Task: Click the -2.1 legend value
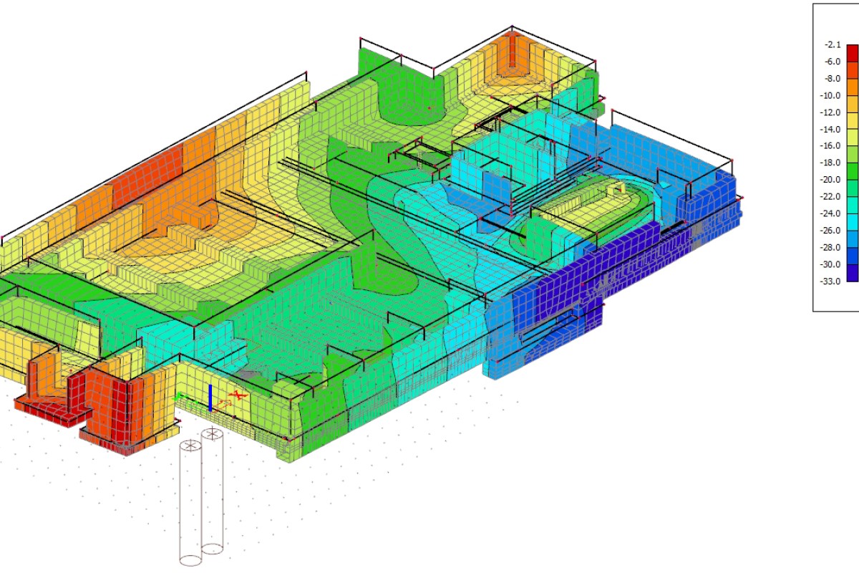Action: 832,45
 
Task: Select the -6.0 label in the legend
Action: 832,62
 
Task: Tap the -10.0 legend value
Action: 830,95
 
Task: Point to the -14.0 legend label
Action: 830,130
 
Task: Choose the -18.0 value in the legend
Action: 830,163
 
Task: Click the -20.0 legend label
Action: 830,180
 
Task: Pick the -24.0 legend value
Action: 830,213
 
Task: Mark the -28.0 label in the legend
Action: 830,248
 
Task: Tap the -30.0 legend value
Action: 830,264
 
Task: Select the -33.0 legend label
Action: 830,281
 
